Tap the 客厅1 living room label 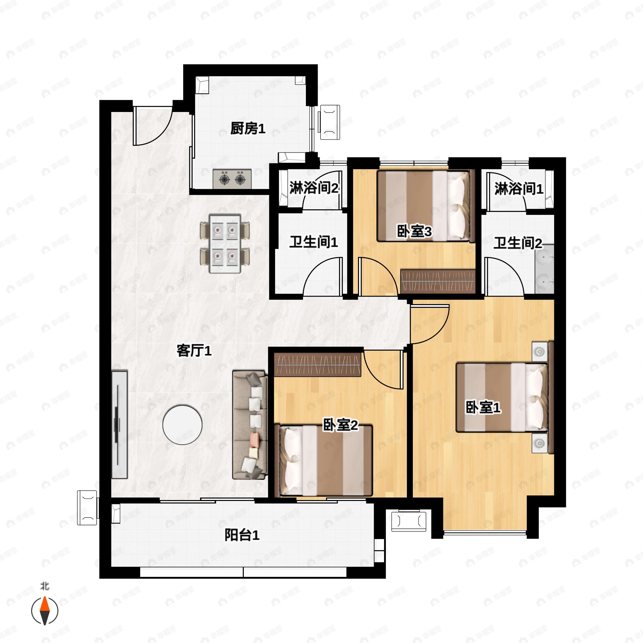(194, 350)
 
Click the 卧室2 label (341, 425)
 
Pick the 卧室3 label (414, 231)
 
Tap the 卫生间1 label (313, 242)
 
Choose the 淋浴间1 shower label (518, 189)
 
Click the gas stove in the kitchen (232, 179)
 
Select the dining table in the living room (225, 243)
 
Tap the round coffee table (182, 424)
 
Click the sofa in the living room (250, 424)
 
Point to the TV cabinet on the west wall (119, 424)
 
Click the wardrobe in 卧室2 (317, 364)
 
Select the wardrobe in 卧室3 (438, 281)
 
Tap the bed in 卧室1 (502, 397)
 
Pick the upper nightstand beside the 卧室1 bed (540, 352)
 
